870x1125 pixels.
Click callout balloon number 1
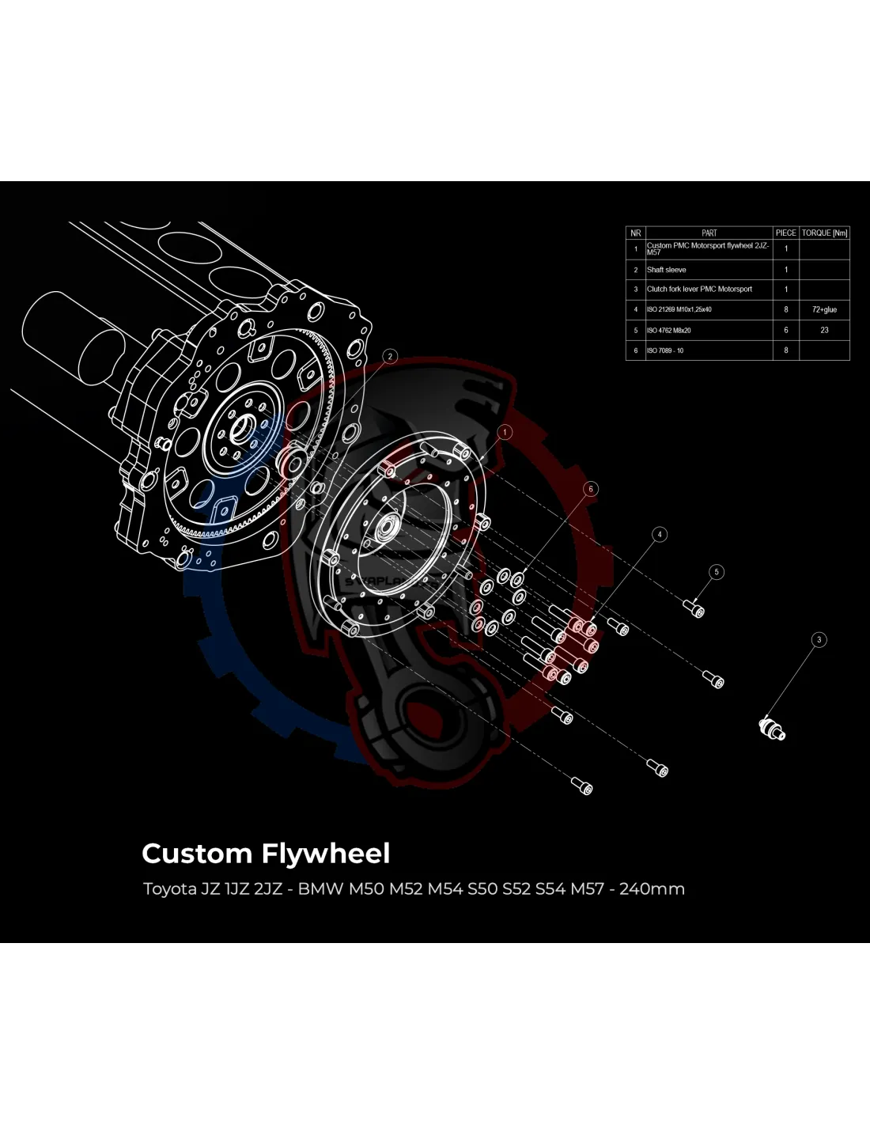pyautogui.click(x=505, y=432)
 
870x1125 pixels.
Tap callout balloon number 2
pyautogui.click(x=390, y=357)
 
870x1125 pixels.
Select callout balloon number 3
pyautogui.click(x=819, y=639)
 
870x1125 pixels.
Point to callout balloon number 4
pyautogui.click(x=660, y=534)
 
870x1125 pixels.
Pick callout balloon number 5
pyautogui.click(x=716, y=572)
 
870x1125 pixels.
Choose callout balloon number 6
pyautogui.click(x=590, y=489)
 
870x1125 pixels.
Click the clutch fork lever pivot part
pyautogui.click(x=771, y=728)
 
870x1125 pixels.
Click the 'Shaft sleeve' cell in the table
pyautogui.click(x=667, y=270)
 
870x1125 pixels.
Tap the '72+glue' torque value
pyautogui.click(x=824, y=309)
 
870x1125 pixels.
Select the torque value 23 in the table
pyautogui.click(x=824, y=330)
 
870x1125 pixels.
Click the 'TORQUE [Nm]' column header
pyautogui.click(x=824, y=233)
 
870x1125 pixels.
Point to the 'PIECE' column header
pyautogui.click(x=785, y=233)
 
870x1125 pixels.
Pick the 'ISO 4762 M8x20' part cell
pyautogui.click(x=669, y=330)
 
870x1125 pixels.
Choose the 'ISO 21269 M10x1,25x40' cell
pyautogui.click(x=679, y=309)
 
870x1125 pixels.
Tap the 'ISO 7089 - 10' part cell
pyautogui.click(x=665, y=350)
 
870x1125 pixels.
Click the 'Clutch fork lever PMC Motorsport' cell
pyautogui.click(x=699, y=290)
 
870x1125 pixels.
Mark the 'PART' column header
pyautogui.click(x=709, y=233)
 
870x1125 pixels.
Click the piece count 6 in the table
pyautogui.click(x=785, y=330)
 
